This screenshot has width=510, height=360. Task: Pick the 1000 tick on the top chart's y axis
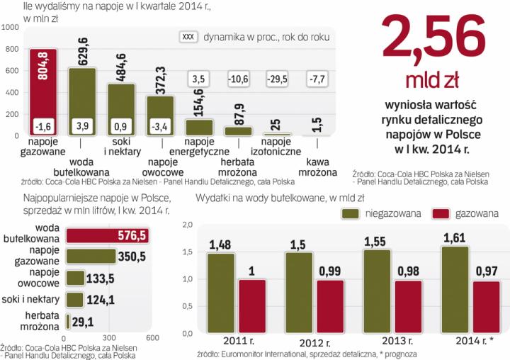[11, 27]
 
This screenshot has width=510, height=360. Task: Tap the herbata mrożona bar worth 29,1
[67, 322]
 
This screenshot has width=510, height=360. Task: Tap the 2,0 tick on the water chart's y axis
[188, 225]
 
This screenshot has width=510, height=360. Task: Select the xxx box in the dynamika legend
[188, 35]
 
